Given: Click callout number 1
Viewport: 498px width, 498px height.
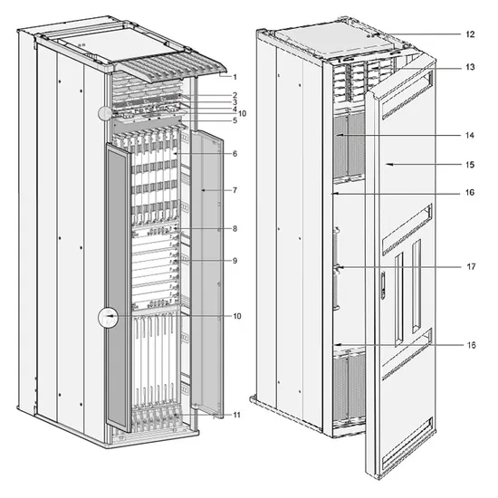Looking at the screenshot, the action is coord(235,77).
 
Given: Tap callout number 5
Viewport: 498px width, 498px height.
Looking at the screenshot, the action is coord(235,120).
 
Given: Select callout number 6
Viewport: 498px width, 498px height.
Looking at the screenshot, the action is coord(235,154).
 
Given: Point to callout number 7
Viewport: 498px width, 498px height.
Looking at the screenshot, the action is coord(235,190).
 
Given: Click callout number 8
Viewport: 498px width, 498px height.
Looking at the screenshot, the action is coord(235,229).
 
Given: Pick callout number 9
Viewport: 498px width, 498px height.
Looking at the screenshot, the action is coord(235,261).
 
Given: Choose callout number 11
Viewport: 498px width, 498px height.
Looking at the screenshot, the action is coord(237,415).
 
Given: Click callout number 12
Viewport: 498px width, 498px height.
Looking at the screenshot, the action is coord(470,34).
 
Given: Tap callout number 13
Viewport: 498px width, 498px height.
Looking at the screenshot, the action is coord(470,67).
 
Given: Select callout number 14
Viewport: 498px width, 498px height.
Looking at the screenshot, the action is coord(470,135).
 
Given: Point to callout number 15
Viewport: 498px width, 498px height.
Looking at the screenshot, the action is coord(470,165).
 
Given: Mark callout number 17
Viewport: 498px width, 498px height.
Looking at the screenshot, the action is coord(472,266).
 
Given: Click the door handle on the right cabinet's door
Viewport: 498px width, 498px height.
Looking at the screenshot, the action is coord(383,284).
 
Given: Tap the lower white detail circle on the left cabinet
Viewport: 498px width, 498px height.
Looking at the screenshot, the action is coord(109,318).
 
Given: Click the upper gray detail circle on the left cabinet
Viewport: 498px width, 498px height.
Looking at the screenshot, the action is coord(105,114).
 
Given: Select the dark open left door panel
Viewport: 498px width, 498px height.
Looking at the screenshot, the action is coord(118,287).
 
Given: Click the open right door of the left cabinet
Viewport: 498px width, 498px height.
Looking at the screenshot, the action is coord(207,273).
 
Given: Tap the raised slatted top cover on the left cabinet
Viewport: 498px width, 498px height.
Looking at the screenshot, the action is coord(171,66).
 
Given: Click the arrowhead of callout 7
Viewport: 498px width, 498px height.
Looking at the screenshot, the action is coord(204,190).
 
